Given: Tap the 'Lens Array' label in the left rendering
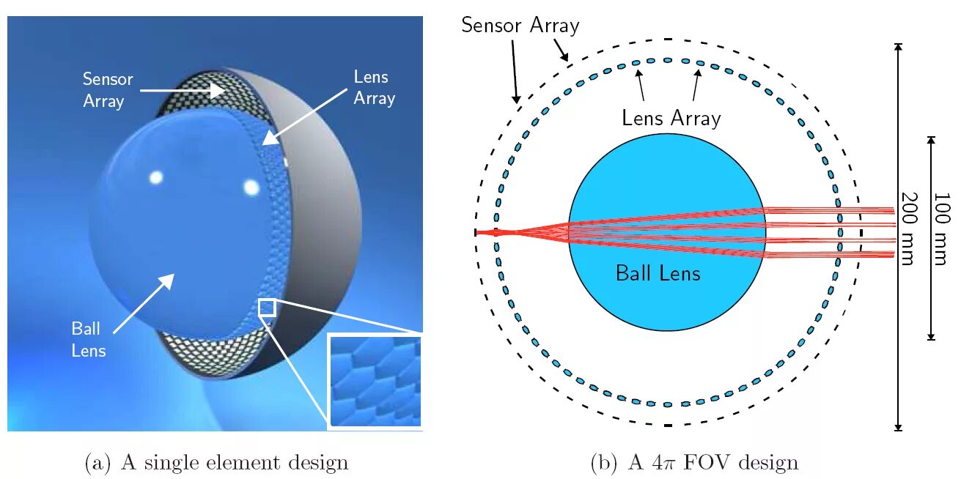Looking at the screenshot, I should (374, 87).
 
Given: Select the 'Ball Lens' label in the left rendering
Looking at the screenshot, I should (89, 340).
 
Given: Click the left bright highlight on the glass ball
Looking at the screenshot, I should (155, 177).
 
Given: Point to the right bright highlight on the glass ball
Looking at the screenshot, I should (251, 187).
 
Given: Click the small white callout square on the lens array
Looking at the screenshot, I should (267, 307).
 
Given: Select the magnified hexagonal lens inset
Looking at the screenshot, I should (375, 380).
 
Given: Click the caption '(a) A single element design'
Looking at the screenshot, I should (216, 463).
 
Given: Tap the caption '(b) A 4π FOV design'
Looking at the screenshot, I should (693, 463).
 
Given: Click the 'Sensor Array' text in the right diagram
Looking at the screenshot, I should (520, 26).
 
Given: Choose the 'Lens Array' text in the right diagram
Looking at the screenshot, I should (671, 118).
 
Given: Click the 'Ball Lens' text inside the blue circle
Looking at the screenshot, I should (658, 274).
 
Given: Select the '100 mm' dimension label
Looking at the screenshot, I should (942, 229).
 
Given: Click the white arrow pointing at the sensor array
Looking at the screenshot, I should (183, 90).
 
